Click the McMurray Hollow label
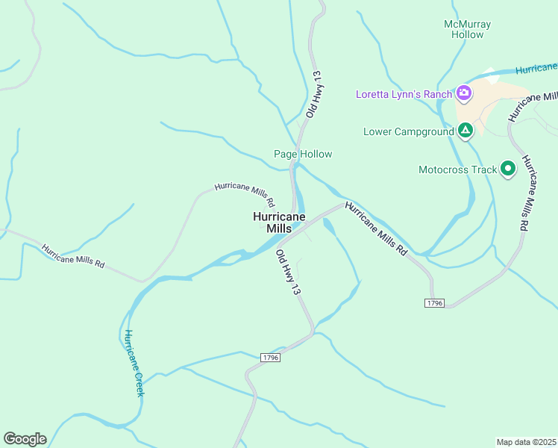[x=467, y=29]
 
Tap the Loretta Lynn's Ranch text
[x=404, y=93]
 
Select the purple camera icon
[x=464, y=93]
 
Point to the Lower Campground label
[x=408, y=131]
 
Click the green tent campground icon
[x=465, y=131]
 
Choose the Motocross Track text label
[x=457, y=169]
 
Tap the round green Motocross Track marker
[x=508, y=169]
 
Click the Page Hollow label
[x=302, y=154]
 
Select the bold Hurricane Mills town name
[x=279, y=223]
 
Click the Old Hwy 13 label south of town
[x=288, y=272]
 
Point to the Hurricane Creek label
[x=134, y=362]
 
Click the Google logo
[x=25, y=438]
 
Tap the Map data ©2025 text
[x=526, y=441]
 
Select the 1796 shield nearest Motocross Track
[x=435, y=302]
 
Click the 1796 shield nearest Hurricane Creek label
[x=271, y=358]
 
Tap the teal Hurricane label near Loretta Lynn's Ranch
[x=536, y=69]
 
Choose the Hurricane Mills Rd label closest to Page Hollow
[x=245, y=195]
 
